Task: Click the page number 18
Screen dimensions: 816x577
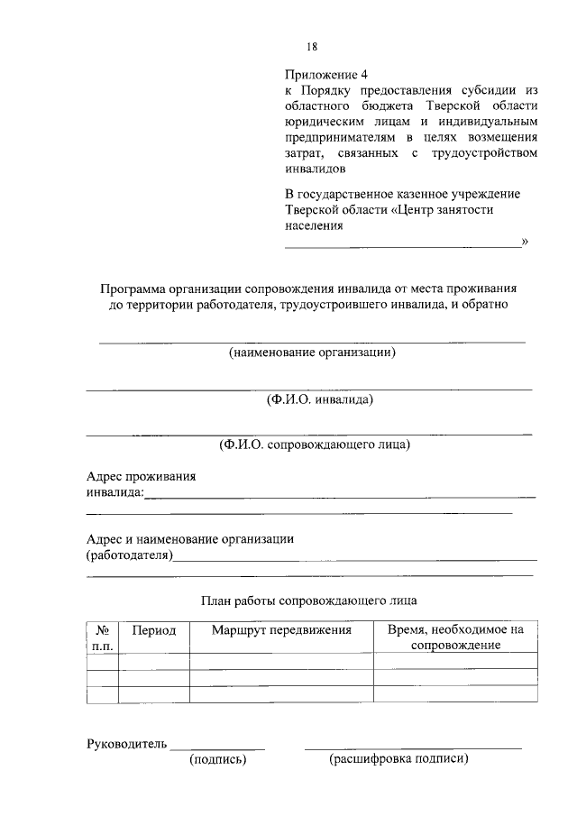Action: (312, 47)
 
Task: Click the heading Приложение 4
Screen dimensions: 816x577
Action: (327, 74)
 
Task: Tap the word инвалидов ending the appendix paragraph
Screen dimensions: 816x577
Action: (315, 169)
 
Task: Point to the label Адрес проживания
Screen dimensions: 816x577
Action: (141, 476)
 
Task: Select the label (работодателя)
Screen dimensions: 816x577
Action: (129, 555)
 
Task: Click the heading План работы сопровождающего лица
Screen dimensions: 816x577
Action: (309, 599)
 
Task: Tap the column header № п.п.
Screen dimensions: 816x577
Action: (102, 637)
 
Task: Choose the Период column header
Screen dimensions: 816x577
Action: (154, 630)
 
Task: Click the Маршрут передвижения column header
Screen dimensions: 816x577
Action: (281, 630)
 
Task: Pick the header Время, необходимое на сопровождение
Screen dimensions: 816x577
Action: (455, 637)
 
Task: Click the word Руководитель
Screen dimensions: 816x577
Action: (126, 744)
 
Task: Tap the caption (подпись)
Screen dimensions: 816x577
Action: (217, 760)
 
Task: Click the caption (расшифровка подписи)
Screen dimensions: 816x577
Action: (399, 760)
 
